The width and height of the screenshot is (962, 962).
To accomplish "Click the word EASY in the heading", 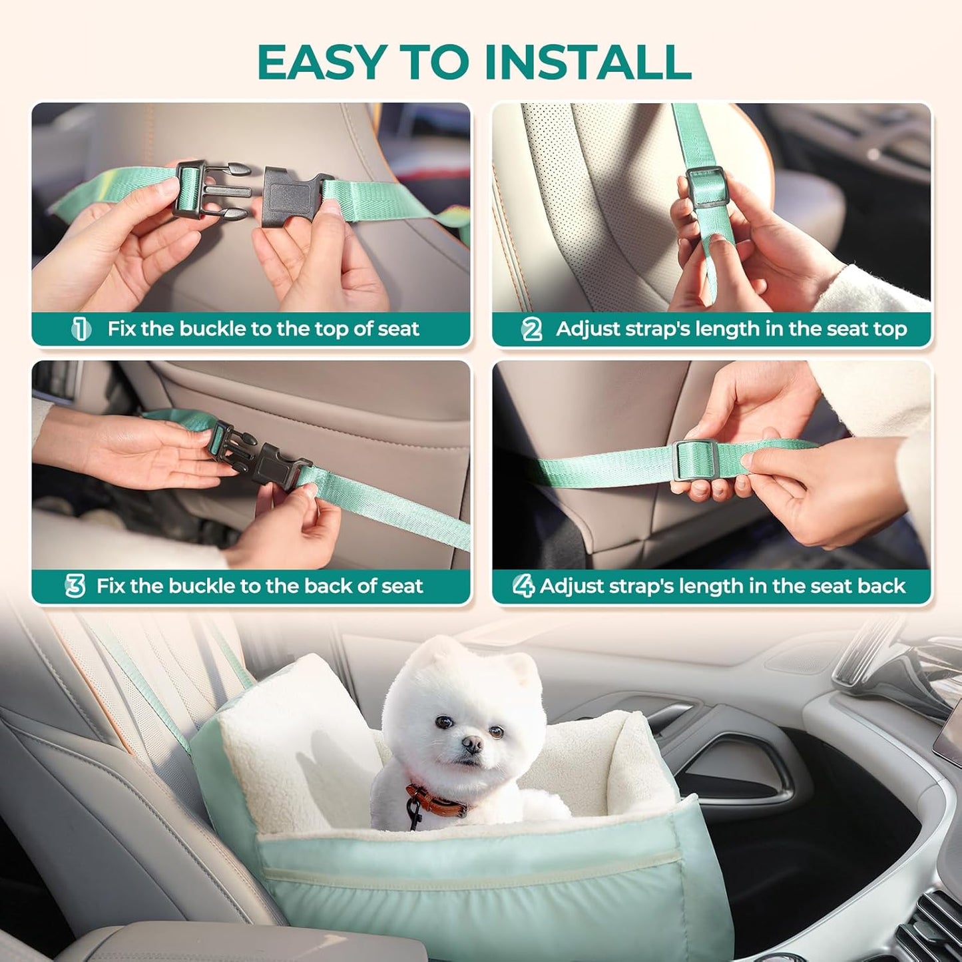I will tap(320, 63).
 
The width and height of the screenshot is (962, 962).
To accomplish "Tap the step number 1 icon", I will tap(81, 329).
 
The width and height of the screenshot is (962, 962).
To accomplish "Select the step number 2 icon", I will tap(532, 329).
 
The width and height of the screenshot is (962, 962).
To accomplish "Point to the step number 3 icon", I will tap(75, 587).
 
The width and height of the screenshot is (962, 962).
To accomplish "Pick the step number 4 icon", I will tap(523, 587).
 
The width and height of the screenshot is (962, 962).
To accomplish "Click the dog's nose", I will tap(473, 744).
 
